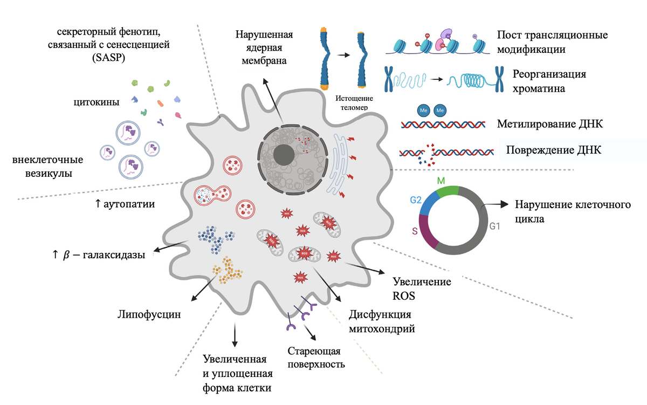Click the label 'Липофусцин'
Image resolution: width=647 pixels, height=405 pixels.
[148, 314]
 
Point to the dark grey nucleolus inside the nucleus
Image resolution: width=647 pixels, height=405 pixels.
[284, 155]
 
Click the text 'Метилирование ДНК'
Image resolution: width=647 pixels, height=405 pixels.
[549, 125]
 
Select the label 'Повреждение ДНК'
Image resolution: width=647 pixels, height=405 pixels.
[554, 150]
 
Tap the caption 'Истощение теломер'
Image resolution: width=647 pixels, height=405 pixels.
[351, 102]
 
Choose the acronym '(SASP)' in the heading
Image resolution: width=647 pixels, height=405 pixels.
[108, 58]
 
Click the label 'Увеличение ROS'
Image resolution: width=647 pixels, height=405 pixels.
[414, 288]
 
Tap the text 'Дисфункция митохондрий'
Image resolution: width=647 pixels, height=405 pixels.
[382, 321]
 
